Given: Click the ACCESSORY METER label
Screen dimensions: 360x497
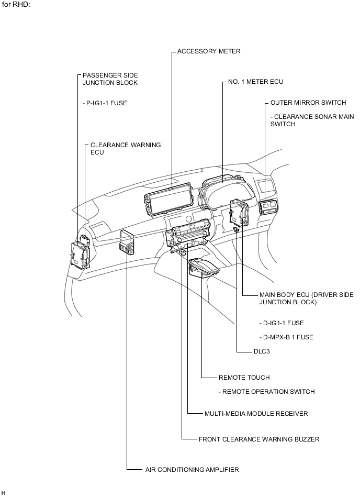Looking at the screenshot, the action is click(209, 51).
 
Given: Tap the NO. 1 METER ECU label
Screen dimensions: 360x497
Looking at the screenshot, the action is click(255, 82).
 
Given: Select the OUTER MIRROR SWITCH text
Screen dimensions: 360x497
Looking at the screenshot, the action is click(308, 102).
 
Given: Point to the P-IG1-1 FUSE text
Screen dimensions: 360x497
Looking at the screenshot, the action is click(105, 103).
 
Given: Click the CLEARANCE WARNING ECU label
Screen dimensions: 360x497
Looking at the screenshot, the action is click(126, 148).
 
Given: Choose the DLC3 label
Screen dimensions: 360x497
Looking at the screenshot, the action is click(262, 351).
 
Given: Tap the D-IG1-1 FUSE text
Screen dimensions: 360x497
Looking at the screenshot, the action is click(282, 323).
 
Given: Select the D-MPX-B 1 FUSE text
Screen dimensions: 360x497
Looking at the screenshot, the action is click(286, 337).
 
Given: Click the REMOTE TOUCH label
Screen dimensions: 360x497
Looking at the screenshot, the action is click(244, 377).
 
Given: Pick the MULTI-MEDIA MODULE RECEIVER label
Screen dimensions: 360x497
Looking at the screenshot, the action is click(256, 413).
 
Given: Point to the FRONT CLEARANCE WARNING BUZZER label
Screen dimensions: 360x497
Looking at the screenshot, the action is click(259, 439).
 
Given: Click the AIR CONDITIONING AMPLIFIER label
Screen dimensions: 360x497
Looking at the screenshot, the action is click(192, 469).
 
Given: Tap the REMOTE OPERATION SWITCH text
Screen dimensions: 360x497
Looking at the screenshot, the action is click(266, 391).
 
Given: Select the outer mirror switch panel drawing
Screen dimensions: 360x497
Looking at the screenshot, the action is click(269, 207).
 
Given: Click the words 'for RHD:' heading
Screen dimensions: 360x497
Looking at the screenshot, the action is click(16, 5).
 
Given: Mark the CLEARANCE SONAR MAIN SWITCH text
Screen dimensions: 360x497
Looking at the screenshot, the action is click(312, 120).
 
